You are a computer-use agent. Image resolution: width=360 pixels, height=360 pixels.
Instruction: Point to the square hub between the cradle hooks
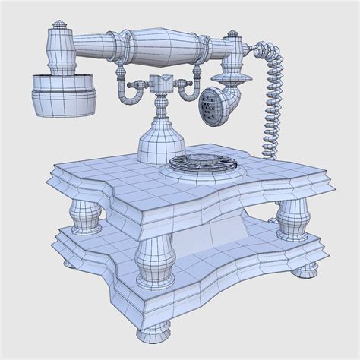160,85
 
